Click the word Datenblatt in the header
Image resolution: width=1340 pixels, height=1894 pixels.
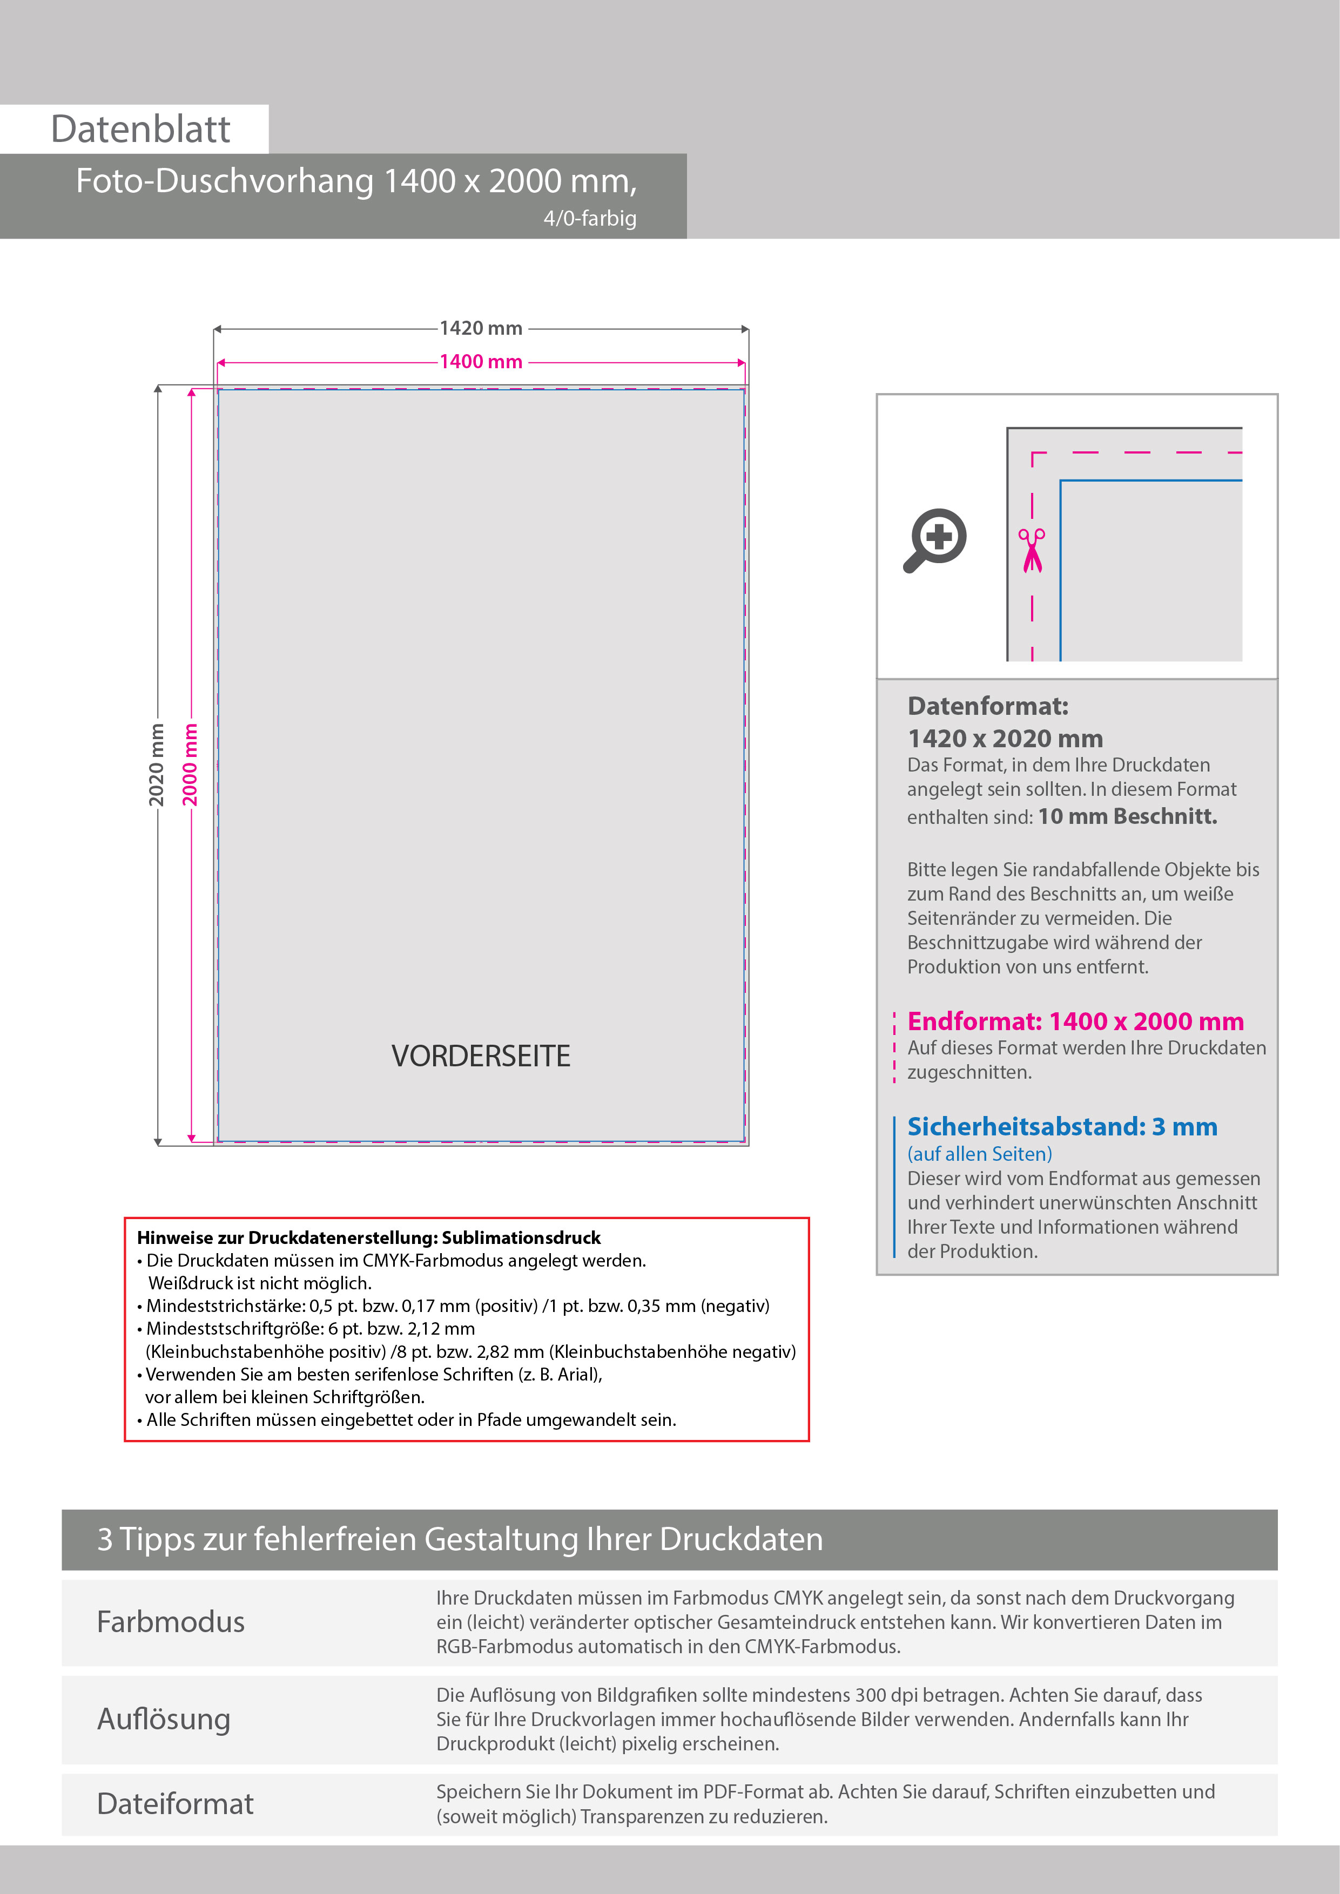pos(140,130)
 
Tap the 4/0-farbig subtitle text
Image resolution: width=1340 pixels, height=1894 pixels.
pos(589,219)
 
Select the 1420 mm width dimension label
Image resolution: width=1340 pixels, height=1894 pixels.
pos(481,328)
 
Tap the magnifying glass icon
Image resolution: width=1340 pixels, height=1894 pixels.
pos(935,540)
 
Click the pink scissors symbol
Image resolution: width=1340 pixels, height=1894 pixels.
pos(1032,550)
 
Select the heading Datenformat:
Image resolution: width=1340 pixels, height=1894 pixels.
pos(988,706)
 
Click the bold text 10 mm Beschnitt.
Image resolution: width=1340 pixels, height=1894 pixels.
pos(1127,817)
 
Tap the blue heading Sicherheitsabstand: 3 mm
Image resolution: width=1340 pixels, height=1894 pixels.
pos(1062,1127)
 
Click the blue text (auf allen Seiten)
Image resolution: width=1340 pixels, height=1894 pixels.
pos(979,1154)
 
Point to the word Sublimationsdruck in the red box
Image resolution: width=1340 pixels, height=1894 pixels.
pos(522,1237)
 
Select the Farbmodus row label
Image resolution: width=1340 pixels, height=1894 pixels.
pos(171,1622)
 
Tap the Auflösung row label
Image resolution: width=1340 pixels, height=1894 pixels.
pos(163,1719)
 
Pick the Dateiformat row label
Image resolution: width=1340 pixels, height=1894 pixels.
pos(175,1804)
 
